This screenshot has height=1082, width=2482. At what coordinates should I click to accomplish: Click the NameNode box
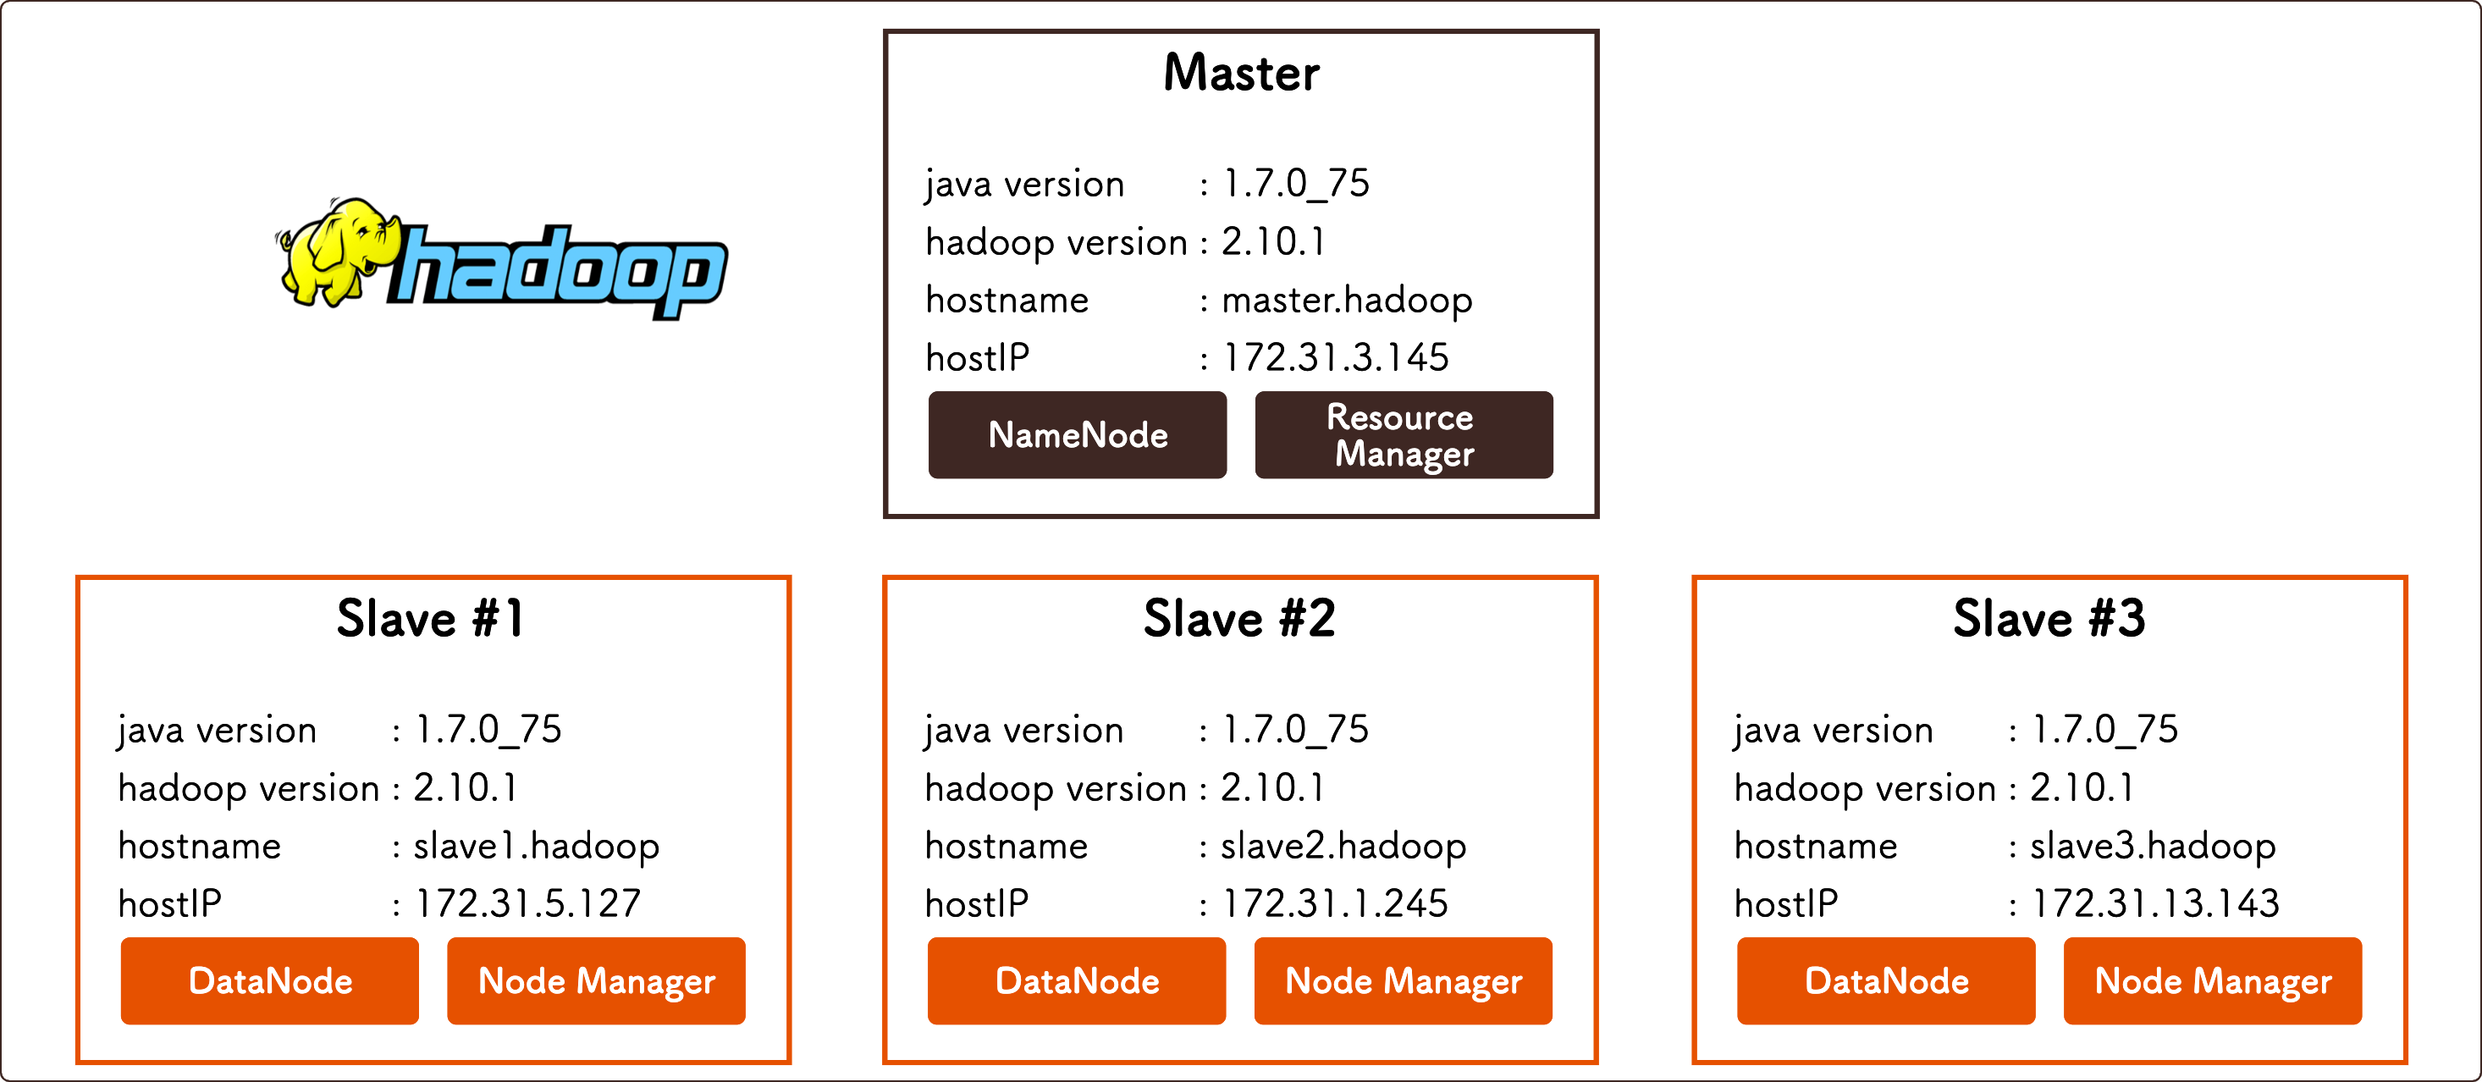[x=1078, y=434]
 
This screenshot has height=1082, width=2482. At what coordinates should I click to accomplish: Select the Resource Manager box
[x=1403, y=434]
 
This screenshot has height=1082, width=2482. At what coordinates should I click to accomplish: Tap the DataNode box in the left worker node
[x=270, y=981]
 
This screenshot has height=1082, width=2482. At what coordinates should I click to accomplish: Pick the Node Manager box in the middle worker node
[x=1403, y=981]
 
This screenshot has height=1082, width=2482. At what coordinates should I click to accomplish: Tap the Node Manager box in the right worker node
[x=2212, y=981]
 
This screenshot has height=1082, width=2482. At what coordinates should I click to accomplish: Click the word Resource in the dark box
[x=1399, y=417]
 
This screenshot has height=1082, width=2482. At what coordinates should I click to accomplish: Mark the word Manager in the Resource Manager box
[x=1404, y=454]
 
